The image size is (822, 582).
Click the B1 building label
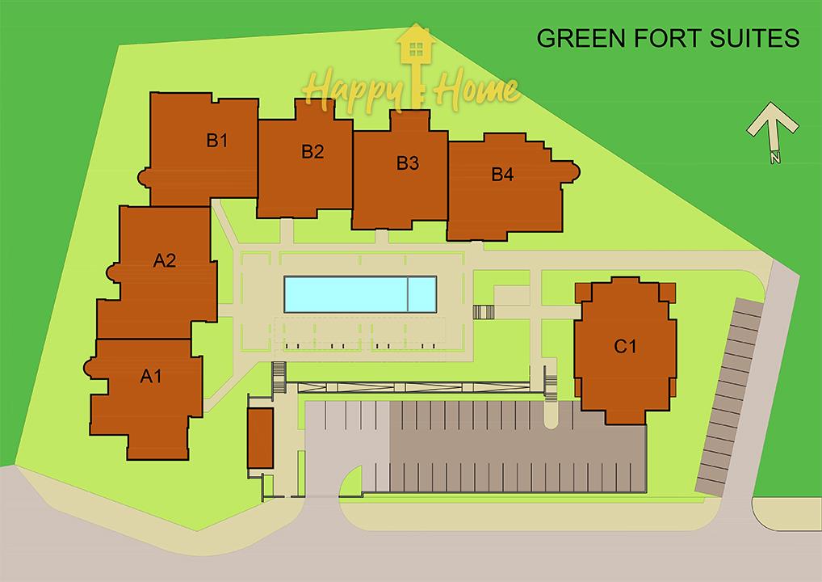216,140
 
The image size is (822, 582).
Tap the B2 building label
312,152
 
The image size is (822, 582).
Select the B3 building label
407,163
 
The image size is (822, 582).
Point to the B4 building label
502,175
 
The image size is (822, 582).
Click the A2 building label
165,260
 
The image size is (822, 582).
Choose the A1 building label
151,376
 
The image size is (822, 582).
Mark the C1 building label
625,346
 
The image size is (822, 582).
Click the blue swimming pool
360,294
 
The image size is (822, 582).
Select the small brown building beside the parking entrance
260,438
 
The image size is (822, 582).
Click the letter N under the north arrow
775,157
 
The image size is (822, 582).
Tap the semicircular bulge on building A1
90,367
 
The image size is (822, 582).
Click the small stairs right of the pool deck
484,312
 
